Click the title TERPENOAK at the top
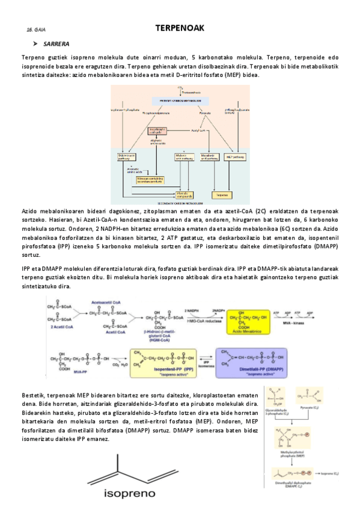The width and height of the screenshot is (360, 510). (180, 28)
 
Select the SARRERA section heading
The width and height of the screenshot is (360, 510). (56, 44)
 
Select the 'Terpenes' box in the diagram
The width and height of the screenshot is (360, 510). (222, 195)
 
